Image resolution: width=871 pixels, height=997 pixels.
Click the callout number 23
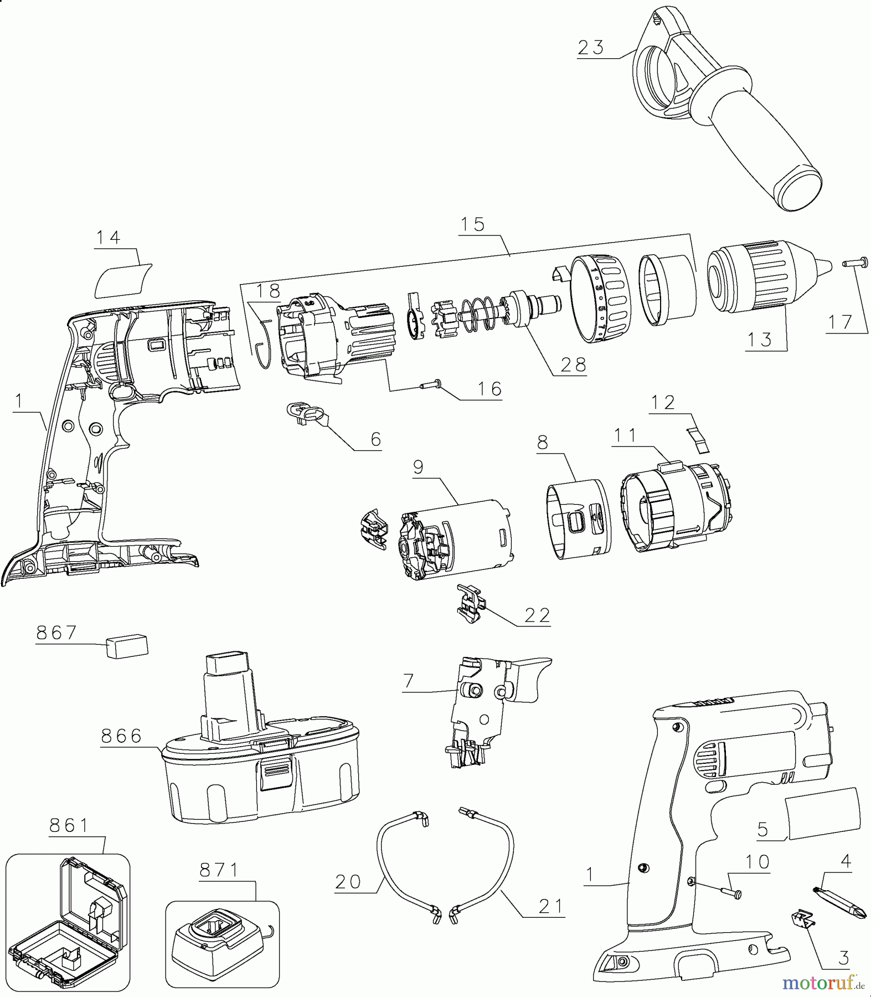pyautogui.click(x=591, y=48)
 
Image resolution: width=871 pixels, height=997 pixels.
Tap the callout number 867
pyautogui.click(x=56, y=633)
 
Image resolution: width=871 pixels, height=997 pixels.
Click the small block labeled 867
pyautogui.click(x=127, y=646)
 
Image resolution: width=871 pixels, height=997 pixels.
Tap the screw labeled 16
pyautogui.click(x=430, y=382)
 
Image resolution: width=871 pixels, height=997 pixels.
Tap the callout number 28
pyautogui.click(x=573, y=365)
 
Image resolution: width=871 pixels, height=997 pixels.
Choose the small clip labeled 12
pyautogui.click(x=699, y=438)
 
